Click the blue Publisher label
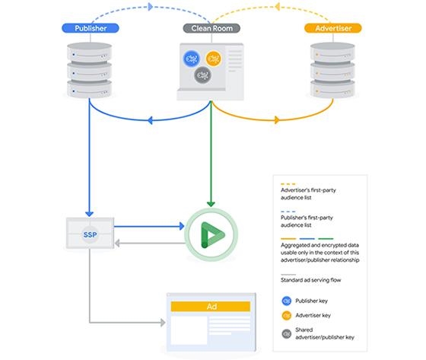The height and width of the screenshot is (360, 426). (x=91, y=28)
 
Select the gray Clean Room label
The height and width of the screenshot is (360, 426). (x=211, y=28)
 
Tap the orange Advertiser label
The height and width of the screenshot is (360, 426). (x=333, y=28)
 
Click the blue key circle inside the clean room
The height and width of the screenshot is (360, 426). (x=191, y=59)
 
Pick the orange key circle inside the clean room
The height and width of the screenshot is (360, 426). (x=214, y=59)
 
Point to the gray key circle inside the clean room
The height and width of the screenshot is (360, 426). (x=202, y=75)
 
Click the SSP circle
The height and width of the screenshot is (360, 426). (x=90, y=234)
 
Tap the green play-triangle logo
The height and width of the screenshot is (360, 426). (x=213, y=235)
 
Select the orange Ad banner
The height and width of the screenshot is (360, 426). (x=211, y=307)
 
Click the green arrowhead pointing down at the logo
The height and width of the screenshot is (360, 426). (x=211, y=204)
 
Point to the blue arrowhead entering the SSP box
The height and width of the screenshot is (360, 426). (x=90, y=214)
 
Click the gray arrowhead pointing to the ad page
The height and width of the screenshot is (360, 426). (x=163, y=323)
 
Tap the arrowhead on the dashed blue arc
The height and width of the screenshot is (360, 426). (x=151, y=7)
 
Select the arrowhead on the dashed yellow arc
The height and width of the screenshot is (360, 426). (x=278, y=7)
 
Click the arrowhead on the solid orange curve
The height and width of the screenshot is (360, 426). (x=277, y=119)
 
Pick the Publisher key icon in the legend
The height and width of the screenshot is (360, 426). (x=286, y=301)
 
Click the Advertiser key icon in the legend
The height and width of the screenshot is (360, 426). (x=286, y=315)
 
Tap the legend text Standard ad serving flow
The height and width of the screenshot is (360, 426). (x=310, y=280)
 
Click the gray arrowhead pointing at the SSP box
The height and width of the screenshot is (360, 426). (x=117, y=243)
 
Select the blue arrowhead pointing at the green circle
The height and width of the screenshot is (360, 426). (x=182, y=226)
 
